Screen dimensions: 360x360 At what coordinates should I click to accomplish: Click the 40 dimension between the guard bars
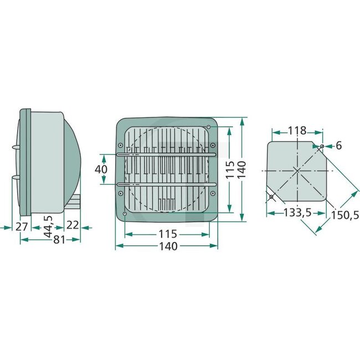click(100, 168)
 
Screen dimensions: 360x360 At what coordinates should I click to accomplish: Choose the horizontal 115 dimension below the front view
click(167, 234)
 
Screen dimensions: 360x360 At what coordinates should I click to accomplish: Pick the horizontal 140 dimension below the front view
click(167, 246)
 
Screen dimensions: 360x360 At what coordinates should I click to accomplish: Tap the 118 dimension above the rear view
click(297, 131)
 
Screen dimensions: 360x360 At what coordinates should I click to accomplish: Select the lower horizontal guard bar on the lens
click(166, 183)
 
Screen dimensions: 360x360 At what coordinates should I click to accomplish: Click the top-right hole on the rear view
click(321, 147)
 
